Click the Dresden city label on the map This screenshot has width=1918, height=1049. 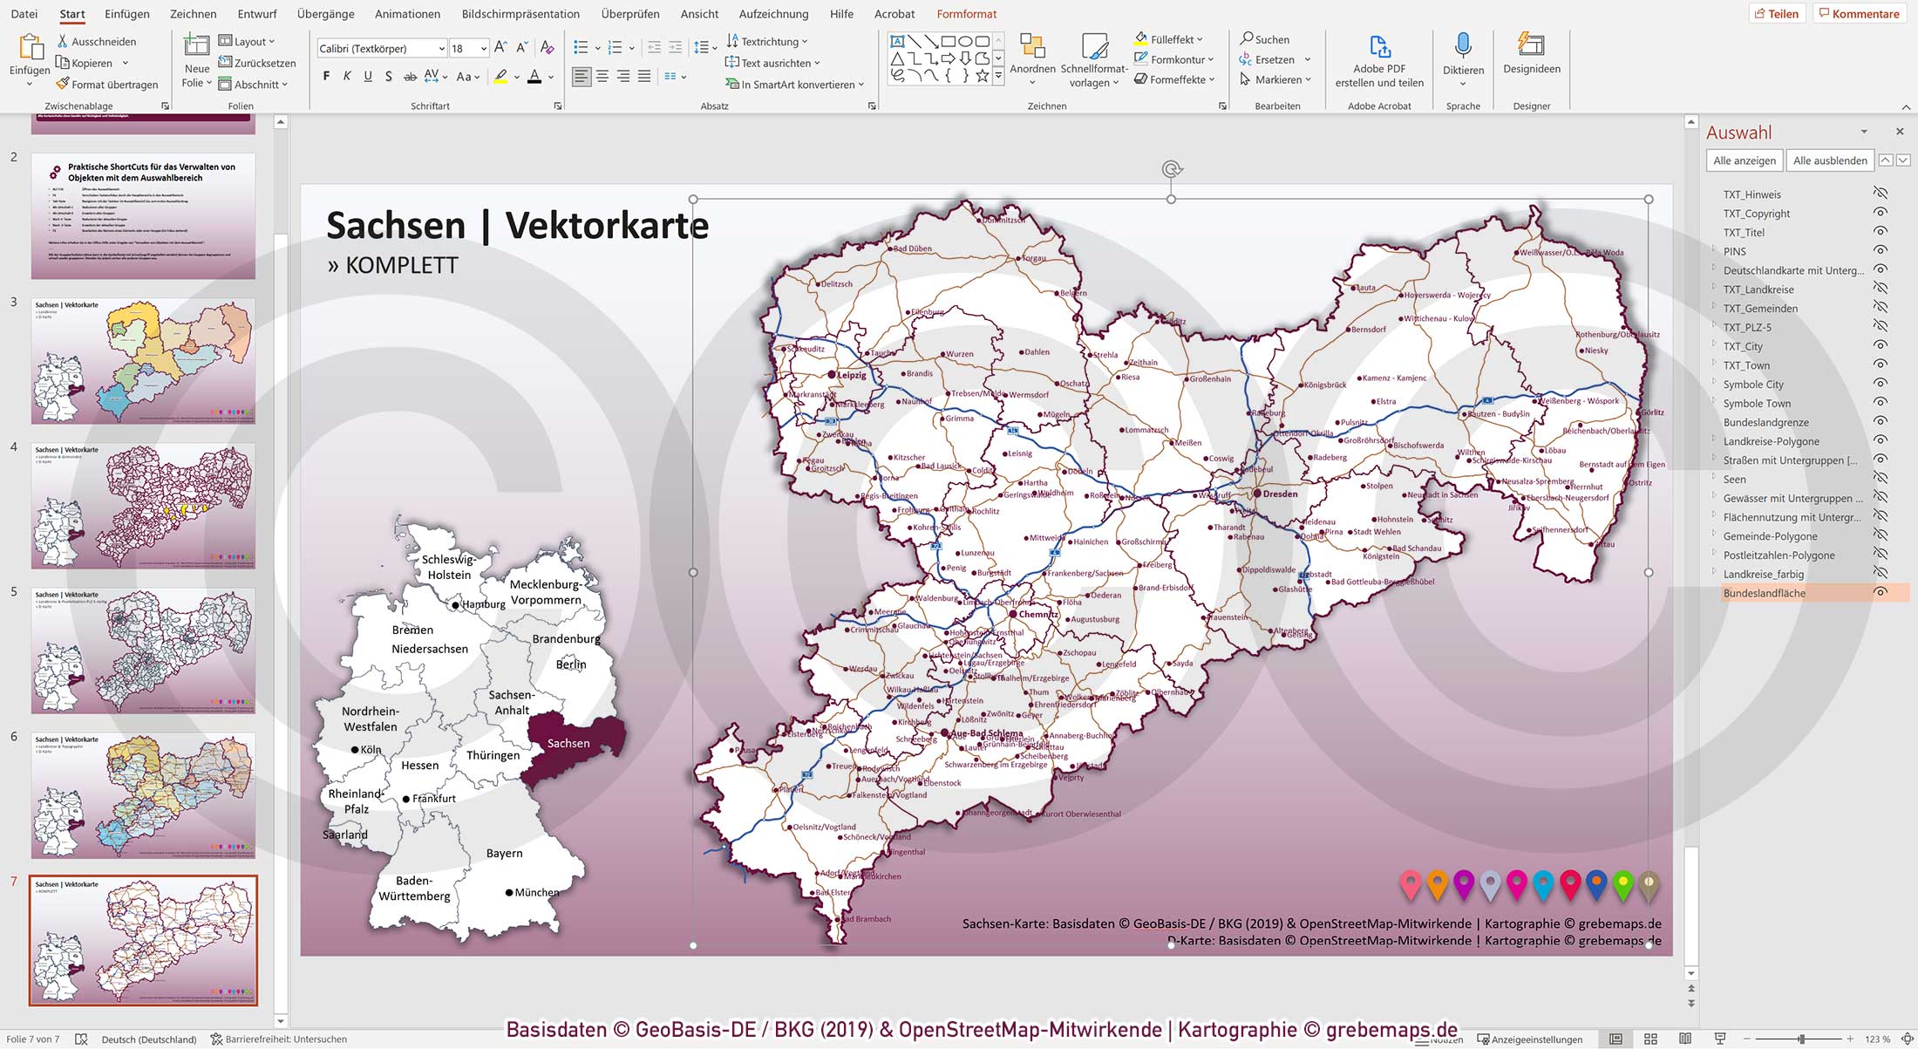(1280, 494)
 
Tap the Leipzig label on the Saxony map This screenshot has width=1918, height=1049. (851, 376)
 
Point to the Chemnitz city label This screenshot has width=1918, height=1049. (1037, 615)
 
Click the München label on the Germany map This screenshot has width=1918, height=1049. (536, 893)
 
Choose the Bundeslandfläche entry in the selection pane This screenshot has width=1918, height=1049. (1764, 594)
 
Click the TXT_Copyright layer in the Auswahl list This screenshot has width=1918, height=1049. (1756, 214)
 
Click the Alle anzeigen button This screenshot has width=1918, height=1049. (1744, 160)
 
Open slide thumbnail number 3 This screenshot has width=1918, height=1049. (143, 361)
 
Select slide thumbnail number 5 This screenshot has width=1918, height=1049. (143, 651)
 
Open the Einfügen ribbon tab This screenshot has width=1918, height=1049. (126, 14)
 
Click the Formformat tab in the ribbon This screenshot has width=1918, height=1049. (966, 14)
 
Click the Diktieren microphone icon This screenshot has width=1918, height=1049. (1463, 46)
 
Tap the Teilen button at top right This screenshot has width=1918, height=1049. (1776, 14)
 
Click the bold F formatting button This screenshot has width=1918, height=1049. (326, 77)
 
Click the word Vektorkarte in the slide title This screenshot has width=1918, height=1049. (607, 226)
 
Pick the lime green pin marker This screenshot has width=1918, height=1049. (1622, 884)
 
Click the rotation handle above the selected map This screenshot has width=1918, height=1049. (1171, 169)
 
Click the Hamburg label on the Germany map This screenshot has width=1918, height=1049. (483, 604)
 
